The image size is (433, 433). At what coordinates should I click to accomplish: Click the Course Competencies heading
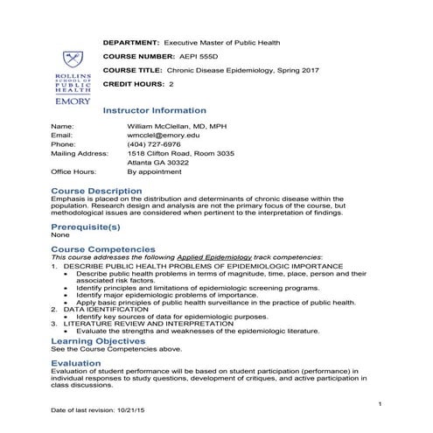[102, 249]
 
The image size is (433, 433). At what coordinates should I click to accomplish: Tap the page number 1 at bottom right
[381, 401]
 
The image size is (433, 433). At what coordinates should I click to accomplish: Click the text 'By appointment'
[152, 172]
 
